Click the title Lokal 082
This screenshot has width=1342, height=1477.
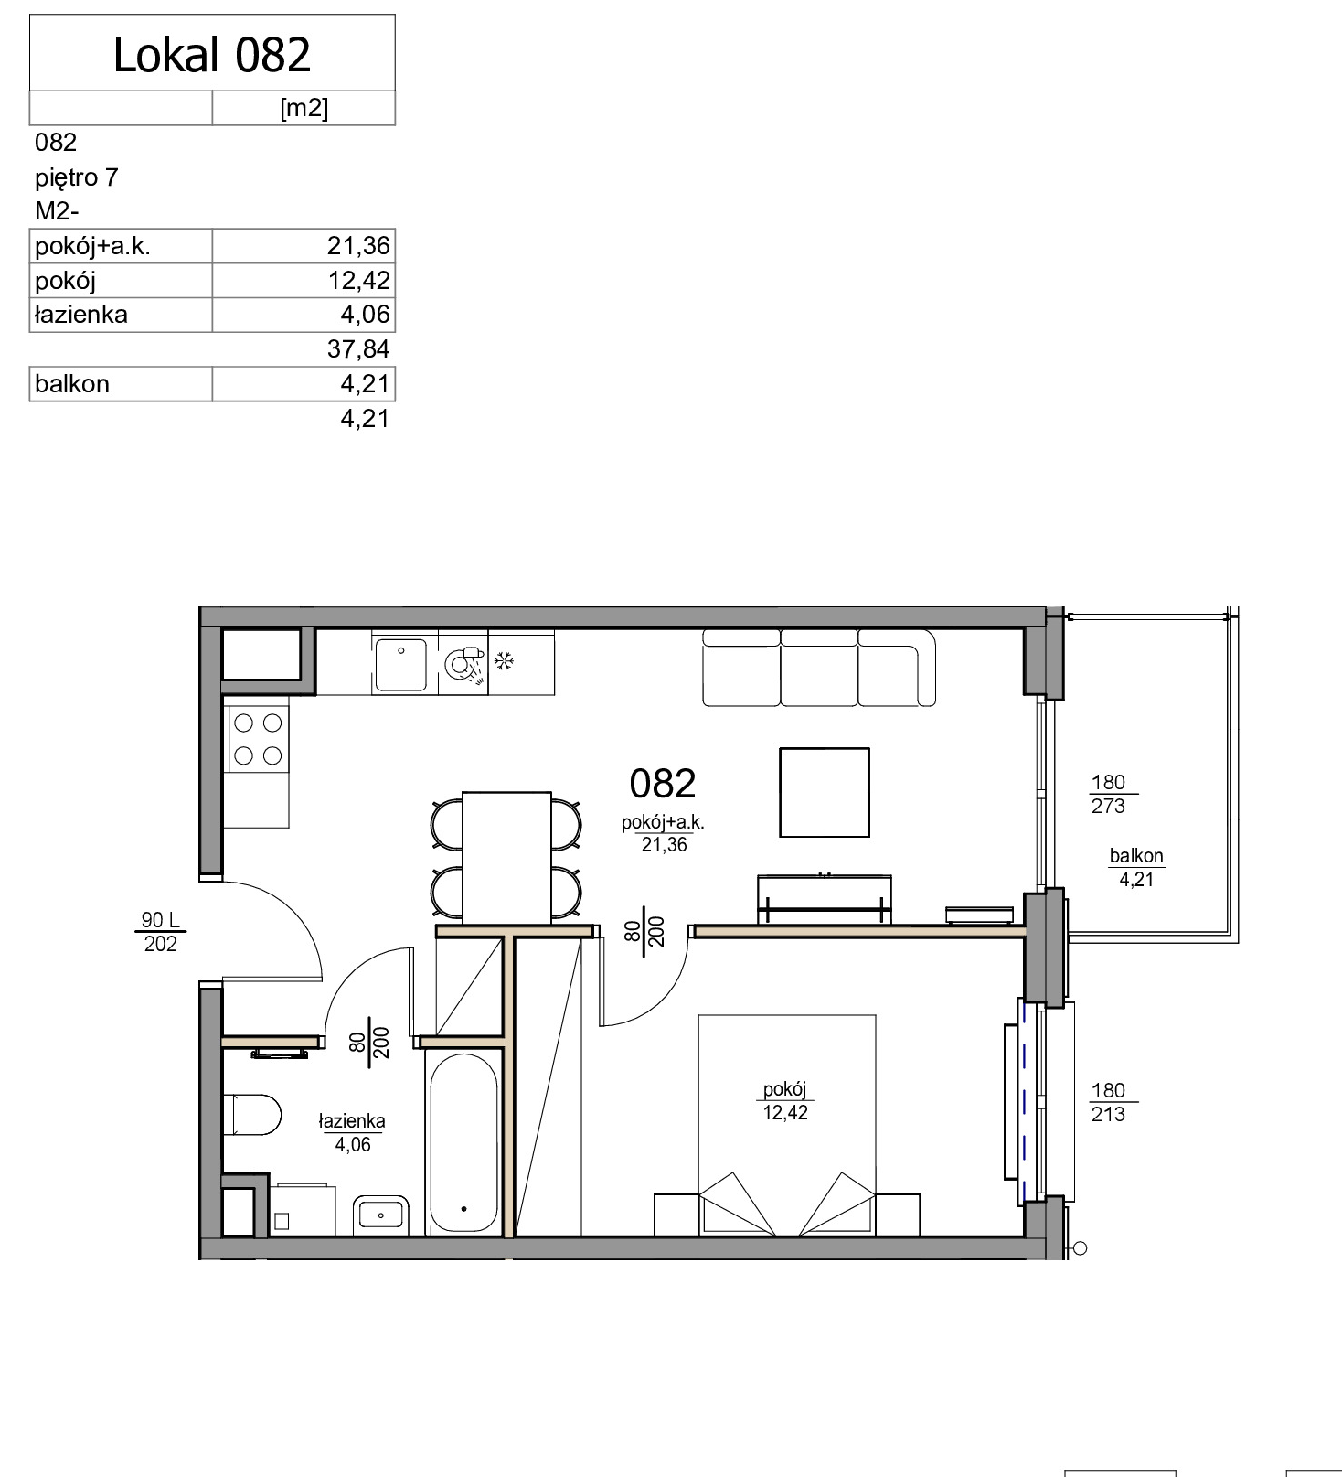point(212,55)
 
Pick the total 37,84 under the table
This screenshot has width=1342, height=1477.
point(358,349)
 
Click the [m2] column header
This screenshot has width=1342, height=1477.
point(304,108)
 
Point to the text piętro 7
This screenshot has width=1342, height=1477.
point(77,177)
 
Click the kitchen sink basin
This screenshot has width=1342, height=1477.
point(400,665)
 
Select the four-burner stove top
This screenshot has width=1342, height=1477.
point(258,739)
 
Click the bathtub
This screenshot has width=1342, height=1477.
point(464,1143)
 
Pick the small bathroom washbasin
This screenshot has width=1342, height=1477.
point(381,1215)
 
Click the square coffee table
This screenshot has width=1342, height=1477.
point(824,792)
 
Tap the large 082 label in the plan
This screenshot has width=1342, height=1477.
point(663,784)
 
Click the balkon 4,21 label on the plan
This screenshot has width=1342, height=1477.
point(1136,868)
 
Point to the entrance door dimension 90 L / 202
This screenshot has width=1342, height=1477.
point(161,932)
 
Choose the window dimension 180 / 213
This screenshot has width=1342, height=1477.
point(1108,1102)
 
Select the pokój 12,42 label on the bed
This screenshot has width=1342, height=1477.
point(785,1101)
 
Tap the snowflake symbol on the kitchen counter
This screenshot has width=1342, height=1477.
point(504,660)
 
